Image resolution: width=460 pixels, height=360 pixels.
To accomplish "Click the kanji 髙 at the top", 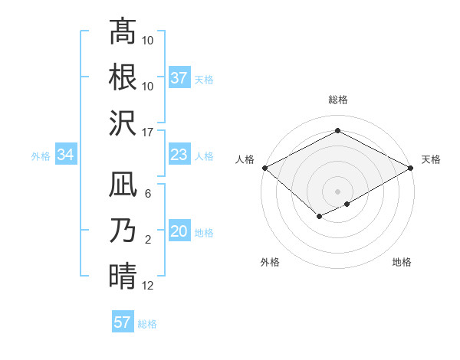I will coord(123,32).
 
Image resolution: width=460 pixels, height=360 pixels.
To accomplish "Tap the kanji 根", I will coord(123,77).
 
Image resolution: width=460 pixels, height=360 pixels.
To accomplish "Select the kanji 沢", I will coord(123,123).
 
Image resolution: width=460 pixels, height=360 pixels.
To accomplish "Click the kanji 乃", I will coord(123,231).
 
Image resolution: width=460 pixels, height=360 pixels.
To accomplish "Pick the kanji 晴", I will coord(123,276).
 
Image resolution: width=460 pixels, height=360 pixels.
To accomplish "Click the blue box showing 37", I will coord(179,77).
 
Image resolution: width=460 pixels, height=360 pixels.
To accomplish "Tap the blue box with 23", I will coord(179,155).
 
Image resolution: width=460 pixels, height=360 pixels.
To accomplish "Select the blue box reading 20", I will coord(179,231).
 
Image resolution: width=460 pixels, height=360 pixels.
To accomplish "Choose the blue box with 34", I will coord(66,155).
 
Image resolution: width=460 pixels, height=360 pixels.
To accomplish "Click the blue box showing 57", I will coord(123,322).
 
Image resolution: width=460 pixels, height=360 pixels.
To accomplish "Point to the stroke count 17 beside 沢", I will coord(149,132).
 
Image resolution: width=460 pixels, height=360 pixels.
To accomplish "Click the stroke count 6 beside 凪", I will coord(148,194).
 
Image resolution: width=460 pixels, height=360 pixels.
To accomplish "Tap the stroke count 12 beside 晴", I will coord(149,286).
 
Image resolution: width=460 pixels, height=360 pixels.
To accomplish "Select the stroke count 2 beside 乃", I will coord(148,240).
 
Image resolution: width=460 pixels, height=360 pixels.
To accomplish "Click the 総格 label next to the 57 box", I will coord(147,324).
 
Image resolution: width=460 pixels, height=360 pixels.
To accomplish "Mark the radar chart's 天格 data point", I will coord(412,168).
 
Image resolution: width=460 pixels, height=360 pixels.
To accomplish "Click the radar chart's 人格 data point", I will coord(264,168).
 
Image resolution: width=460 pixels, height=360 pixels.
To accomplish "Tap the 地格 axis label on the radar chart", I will coord(402,263).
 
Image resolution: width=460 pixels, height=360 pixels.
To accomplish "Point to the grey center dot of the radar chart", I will coord(337,190).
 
